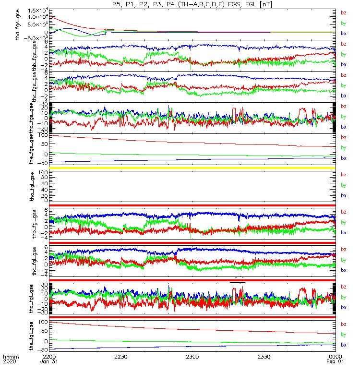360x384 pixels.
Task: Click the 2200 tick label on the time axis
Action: pos(49,357)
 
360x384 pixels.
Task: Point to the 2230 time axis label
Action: pos(121,357)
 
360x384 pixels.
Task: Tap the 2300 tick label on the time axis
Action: pos(192,357)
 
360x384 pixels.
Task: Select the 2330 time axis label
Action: pos(264,357)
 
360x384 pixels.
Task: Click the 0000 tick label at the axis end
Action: pos(335,357)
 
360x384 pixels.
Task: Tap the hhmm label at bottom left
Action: pos(10,357)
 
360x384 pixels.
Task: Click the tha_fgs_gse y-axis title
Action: pos(18,24)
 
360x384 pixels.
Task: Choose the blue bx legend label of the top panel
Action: pos(343,34)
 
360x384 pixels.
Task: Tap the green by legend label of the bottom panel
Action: pos(343,335)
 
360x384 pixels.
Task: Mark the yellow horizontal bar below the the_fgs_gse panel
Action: pos(192,168)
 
